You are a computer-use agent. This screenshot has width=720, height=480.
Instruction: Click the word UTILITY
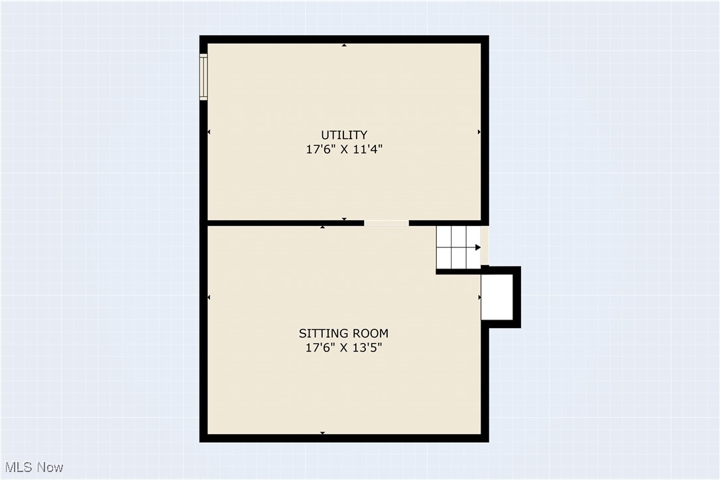[344, 135]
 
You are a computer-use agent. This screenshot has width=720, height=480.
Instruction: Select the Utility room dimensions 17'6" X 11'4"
[344, 150]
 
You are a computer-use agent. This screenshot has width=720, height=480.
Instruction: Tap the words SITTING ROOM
[343, 333]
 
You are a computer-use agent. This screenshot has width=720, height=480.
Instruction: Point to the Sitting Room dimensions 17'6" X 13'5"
[343, 347]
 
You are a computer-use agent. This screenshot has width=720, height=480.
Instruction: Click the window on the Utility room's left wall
[204, 77]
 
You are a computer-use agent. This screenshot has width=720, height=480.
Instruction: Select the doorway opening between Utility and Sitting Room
[386, 223]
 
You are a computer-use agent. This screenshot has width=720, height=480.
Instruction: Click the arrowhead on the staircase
[477, 247]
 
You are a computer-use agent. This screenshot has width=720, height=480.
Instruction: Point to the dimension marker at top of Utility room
[344, 45]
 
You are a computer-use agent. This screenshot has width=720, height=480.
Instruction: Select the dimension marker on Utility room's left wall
[210, 133]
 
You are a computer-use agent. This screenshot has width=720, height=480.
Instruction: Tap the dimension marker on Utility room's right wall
[479, 133]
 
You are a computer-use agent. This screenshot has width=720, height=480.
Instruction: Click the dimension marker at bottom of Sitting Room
[323, 433]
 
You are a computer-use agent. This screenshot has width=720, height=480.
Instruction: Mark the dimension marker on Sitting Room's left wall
[210, 298]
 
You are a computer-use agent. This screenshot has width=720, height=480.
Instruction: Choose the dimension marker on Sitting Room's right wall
[479, 298]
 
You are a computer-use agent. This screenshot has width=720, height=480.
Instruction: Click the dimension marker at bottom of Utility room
[344, 219]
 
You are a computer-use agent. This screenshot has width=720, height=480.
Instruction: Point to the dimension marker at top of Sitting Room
[323, 227]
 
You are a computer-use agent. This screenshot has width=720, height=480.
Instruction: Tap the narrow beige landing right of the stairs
[485, 246]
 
